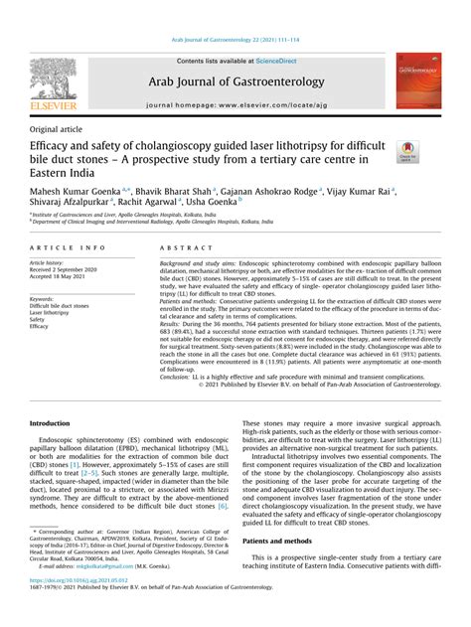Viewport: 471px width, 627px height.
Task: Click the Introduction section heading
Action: [x=58, y=423]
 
